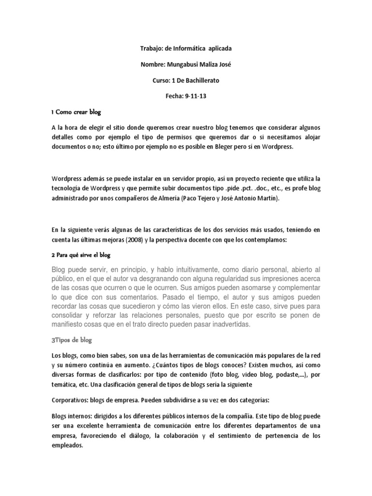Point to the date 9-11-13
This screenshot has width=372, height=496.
tap(195, 96)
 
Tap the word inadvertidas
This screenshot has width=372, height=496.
tap(227, 325)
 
